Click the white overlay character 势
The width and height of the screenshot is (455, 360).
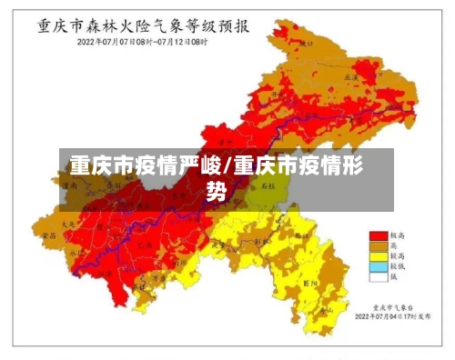tap(216, 191)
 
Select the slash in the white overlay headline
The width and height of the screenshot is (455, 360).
tap(227, 167)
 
